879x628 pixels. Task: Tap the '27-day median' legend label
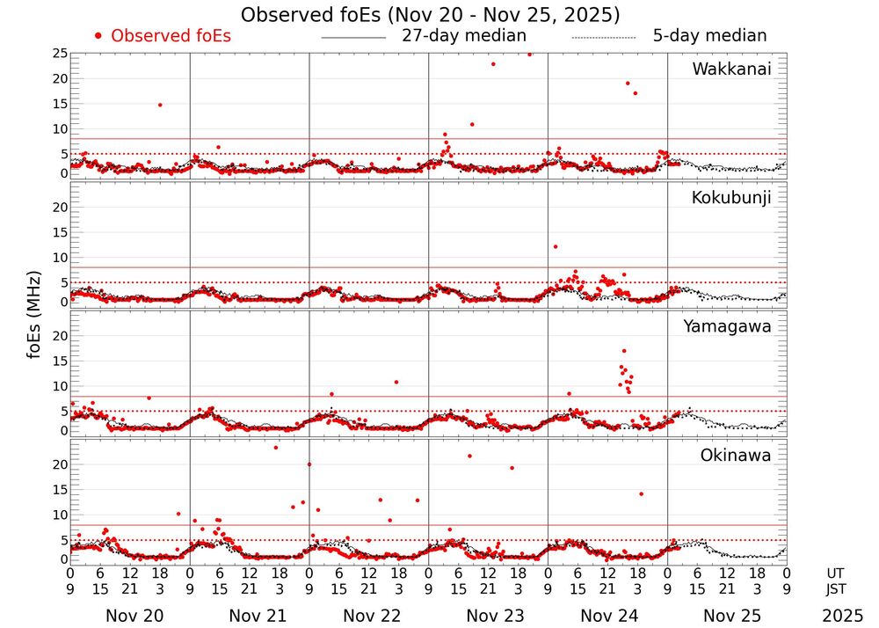(x=463, y=36)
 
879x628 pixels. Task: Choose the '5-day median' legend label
(x=709, y=36)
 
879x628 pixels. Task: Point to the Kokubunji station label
(x=731, y=198)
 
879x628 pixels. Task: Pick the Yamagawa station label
(x=728, y=327)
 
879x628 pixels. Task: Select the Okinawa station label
(x=736, y=456)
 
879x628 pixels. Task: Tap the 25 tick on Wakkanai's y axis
(x=60, y=54)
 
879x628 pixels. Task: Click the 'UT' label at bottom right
(x=835, y=572)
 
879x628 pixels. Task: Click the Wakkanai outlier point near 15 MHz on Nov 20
(x=160, y=105)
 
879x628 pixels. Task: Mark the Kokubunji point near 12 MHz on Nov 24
(x=555, y=246)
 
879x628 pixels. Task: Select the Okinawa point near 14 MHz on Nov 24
(x=641, y=494)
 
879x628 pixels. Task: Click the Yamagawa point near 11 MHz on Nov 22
(x=396, y=382)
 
